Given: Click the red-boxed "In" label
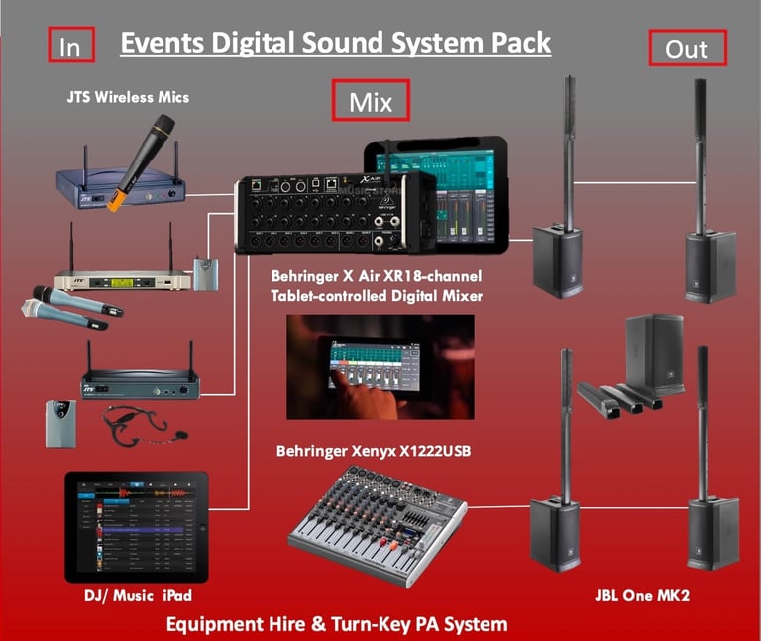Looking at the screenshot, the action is tap(71, 45).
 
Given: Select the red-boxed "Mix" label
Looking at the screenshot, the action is tap(370, 101).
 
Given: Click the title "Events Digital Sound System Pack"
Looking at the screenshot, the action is tap(335, 44).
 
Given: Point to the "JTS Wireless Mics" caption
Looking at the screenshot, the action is tap(128, 97).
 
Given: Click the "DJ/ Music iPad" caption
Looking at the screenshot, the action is tap(137, 597).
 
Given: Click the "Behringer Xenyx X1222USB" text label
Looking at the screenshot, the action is tap(373, 453).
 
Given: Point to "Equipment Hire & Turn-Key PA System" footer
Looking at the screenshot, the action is tap(336, 624).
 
